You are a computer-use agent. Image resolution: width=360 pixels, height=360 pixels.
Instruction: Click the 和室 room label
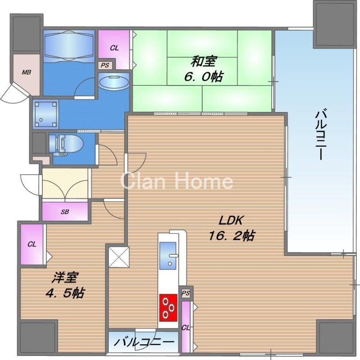coord(204,62)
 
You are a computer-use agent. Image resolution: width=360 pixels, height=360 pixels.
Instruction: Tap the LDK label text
coord(231,220)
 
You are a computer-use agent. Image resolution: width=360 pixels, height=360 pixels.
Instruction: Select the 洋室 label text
coord(65,278)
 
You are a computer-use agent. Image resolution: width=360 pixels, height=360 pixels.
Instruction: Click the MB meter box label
coord(27,72)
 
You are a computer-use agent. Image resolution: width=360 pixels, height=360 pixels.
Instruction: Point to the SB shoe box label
coord(65,211)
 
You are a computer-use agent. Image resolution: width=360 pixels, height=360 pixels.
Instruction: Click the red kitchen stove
coord(169,308)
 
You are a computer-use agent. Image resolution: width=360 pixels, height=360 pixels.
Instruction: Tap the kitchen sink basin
coord(169,255)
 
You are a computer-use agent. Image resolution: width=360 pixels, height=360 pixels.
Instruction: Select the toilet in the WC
coord(66,145)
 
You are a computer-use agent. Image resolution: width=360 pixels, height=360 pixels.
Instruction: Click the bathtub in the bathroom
coord(69,46)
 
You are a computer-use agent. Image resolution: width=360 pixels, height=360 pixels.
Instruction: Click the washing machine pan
coord(46,114)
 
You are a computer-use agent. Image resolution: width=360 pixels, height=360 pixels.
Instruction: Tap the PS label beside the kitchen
coord(186,293)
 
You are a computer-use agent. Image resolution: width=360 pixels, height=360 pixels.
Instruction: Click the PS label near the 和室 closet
coord(105,65)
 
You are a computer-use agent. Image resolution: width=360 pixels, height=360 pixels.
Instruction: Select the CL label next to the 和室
coord(114,48)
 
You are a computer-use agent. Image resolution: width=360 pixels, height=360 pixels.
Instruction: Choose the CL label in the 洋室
coord(32,244)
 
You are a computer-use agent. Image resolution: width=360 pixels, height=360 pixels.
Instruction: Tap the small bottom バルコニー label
coord(144,342)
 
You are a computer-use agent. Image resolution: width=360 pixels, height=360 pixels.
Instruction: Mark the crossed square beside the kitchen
coord(119,257)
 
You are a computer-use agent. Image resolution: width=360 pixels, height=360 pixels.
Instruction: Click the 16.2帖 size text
coord(232,235)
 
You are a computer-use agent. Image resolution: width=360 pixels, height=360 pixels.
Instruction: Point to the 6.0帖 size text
coord(203,76)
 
